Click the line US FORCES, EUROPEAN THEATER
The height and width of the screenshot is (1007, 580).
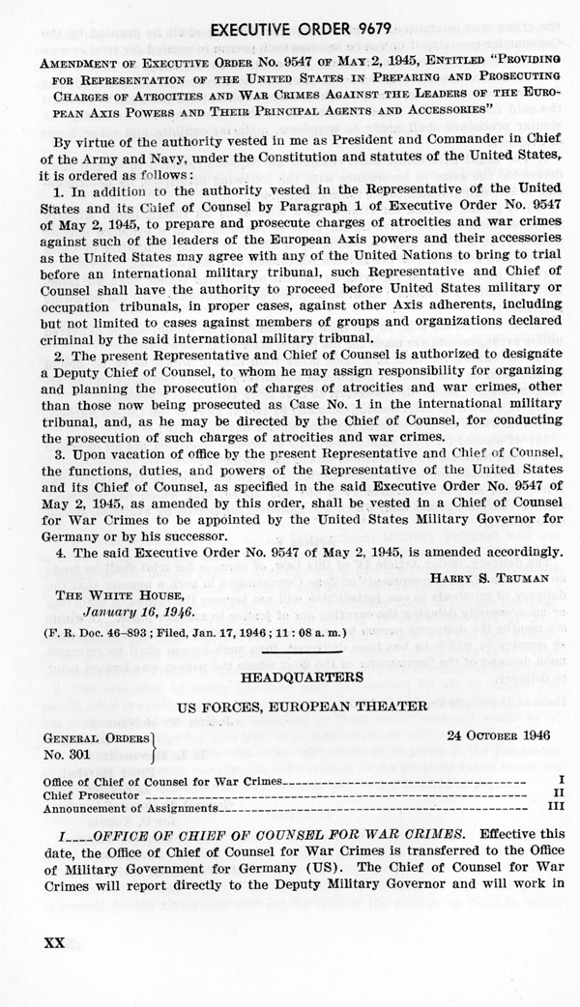pyautogui.click(x=289, y=680)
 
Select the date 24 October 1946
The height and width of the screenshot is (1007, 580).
pyautogui.click(x=499, y=707)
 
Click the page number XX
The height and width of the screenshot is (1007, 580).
pyautogui.click(x=47, y=942)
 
